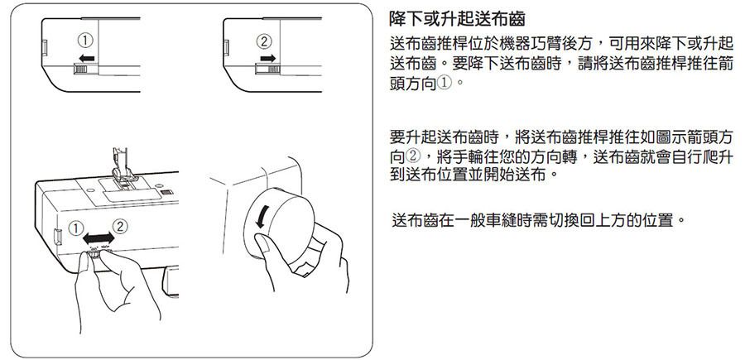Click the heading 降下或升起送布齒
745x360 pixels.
point(457,19)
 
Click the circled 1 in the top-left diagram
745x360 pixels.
point(85,41)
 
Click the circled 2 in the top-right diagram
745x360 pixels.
point(264,41)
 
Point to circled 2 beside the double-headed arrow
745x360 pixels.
point(119,227)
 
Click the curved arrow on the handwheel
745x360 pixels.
point(261,218)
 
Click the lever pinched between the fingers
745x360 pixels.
point(94,254)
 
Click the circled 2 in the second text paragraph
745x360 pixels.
point(413,156)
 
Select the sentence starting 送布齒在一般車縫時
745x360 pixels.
point(539,220)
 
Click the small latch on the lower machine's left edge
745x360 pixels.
point(57,236)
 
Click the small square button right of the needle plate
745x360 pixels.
point(166,192)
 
